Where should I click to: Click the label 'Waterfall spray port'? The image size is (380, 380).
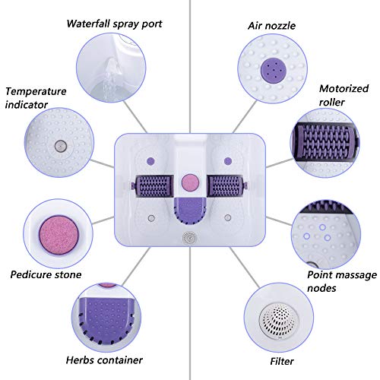coord(114,24)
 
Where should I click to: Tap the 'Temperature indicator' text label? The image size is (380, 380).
coord(35,98)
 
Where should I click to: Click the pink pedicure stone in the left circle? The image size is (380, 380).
coord(55,231)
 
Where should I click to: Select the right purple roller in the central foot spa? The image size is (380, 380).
coord(226,185)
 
